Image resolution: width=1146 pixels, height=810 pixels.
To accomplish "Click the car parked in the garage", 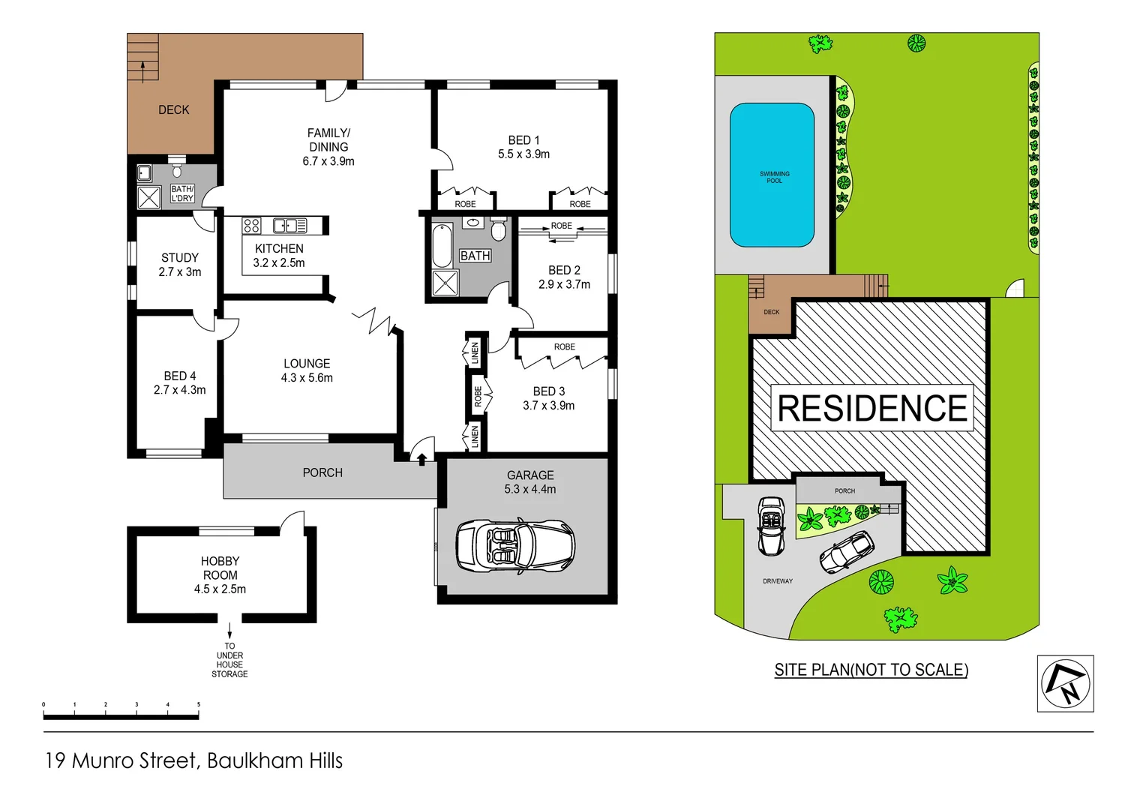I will point(515,546).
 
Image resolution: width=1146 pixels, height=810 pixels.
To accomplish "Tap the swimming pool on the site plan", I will point(772,175).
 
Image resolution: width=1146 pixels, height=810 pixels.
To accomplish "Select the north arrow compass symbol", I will point(1065,683).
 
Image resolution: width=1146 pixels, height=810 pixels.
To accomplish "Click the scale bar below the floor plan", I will point(121,716).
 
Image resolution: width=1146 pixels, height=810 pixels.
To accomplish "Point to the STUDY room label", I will point(180,258).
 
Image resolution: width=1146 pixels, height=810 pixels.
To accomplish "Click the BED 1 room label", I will point(523,140).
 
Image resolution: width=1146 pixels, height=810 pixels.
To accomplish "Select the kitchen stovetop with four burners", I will point(251,225).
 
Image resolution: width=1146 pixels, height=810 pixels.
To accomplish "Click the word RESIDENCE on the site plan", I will point(872,409).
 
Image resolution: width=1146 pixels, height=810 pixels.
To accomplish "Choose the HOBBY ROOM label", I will point(220,568).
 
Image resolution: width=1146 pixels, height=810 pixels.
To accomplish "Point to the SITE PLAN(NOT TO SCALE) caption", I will point(871,670).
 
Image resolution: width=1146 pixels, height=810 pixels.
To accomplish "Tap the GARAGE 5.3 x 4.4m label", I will point(530,482).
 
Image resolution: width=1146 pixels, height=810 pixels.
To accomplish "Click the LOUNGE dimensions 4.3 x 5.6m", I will point(307,378).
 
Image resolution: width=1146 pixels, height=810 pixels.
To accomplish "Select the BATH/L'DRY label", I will point(182,194).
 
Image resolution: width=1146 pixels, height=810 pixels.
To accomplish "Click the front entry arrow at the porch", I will point(422,459).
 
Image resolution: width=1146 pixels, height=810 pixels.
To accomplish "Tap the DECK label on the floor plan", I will point(173,109).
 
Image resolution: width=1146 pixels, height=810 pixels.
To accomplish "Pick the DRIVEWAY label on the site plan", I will point(778,581).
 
